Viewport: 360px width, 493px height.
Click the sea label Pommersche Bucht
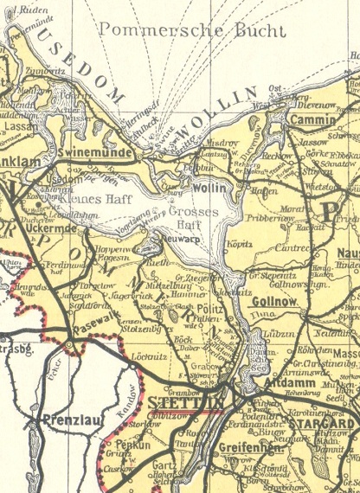pos(191,30)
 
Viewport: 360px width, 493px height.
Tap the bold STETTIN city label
pos(185,403)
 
